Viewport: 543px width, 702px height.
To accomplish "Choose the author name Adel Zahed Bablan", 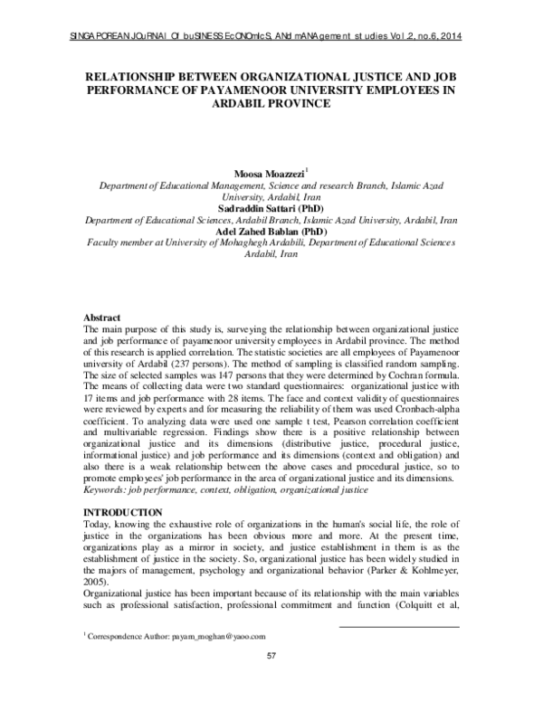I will point(258,232).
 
